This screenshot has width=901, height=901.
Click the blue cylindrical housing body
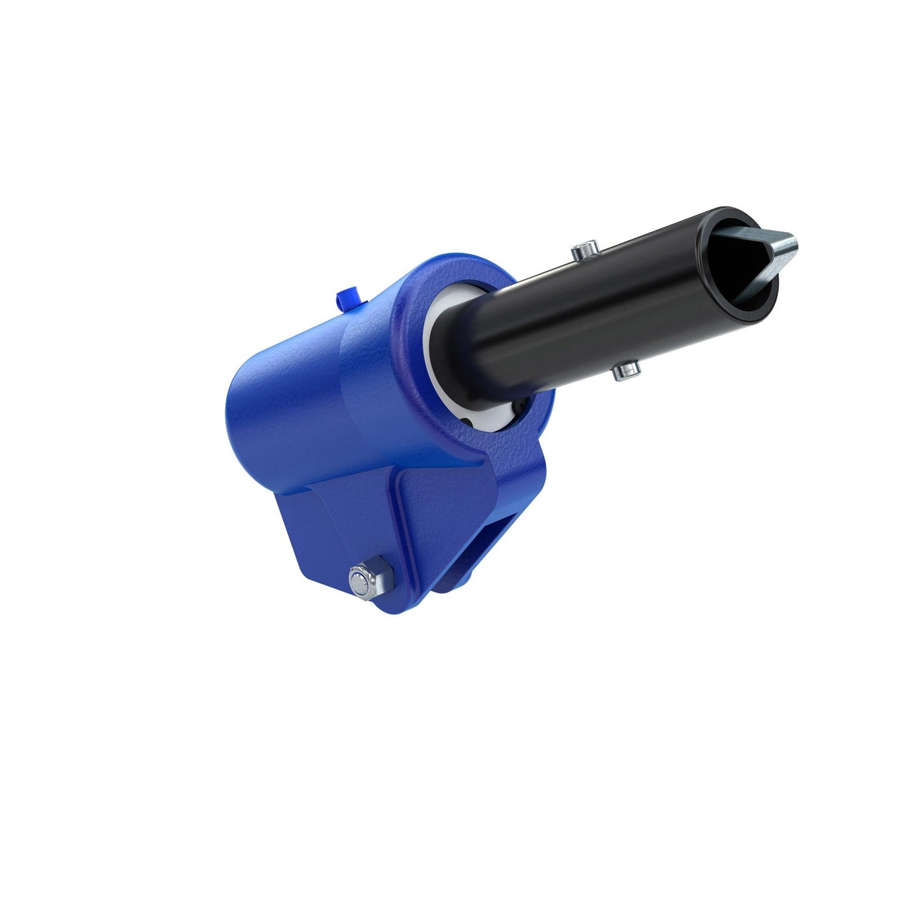[312, 393]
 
